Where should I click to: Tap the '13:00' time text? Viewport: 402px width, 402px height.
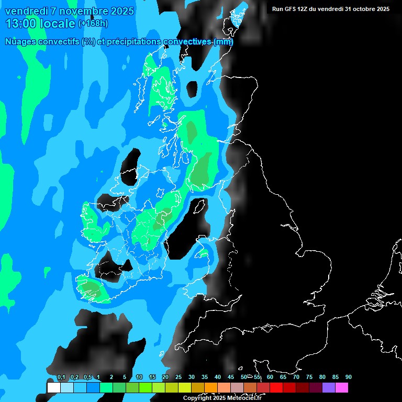(21, 24)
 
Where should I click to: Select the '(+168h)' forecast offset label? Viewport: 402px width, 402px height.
(93, 24)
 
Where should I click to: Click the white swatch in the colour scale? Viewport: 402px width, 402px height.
(53, 388)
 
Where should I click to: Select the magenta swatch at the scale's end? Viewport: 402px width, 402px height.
(342, 388)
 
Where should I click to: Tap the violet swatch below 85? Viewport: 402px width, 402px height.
(329, 388)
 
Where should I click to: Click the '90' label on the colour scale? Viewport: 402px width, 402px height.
(349, 377)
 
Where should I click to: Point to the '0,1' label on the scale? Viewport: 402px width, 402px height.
(61, 377)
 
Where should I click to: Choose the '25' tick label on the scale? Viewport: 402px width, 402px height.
(178, 377)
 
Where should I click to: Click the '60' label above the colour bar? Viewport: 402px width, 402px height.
(270, 377)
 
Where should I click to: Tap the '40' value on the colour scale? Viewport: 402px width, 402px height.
(218, 377)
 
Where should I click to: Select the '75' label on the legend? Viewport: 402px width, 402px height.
(309, 377)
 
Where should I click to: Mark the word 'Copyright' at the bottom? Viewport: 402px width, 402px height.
(197, 398)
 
